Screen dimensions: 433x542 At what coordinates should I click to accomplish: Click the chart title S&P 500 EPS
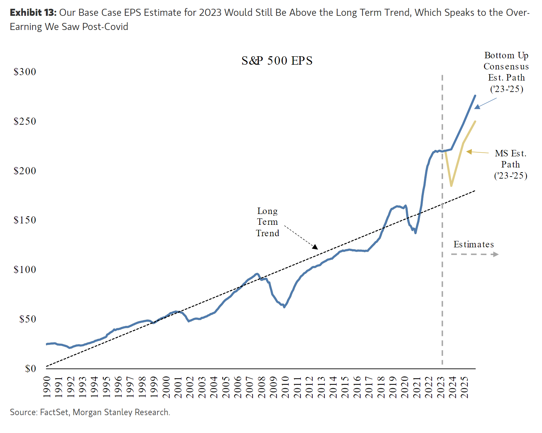pos(277,61)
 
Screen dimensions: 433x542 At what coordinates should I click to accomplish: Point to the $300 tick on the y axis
pos(25,72)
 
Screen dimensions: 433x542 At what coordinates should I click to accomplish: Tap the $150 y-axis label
pos(25,220)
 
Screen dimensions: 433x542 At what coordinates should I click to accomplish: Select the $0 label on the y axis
pos(30,369)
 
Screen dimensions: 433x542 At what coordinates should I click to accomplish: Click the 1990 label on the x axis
pos(47,387)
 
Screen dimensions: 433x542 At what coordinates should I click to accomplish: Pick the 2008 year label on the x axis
pos(261,387)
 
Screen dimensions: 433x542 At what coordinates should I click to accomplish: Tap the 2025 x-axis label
pos(464,387)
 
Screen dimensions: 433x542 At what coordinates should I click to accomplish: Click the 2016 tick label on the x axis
pos(357,387)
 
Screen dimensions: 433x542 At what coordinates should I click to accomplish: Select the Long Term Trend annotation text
pos(267,222)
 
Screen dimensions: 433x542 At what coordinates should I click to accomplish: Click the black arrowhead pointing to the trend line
pos(315,247)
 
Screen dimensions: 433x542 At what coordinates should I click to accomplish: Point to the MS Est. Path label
pos(510,164)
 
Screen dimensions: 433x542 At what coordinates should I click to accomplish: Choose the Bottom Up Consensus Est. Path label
pos(506,72)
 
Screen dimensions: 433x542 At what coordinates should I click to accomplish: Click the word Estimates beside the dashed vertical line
pos(474,244)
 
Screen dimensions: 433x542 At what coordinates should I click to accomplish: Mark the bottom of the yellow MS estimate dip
pos(451,186)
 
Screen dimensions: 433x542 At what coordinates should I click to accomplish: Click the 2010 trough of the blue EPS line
pos(284,307)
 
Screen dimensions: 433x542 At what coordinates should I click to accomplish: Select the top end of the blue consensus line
pos(475,96)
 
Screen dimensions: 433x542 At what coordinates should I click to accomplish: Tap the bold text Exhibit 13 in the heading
pos(33,13)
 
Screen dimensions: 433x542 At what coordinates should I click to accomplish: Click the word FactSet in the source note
pos(54,412)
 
